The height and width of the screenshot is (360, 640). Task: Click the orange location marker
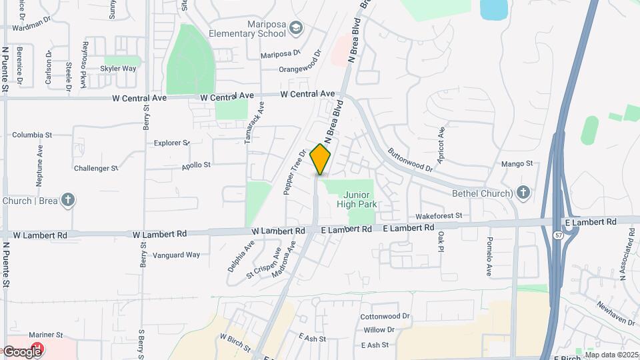point(321,159)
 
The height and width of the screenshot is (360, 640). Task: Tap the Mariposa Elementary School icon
point(296,29)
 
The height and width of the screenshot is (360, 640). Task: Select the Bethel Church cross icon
point(523,193)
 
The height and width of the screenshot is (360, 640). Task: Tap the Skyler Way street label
point(119,68)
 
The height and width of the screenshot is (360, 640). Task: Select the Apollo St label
point(196,164)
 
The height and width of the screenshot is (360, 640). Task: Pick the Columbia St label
point(32,135)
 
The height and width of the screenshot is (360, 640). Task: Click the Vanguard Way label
point(176,255)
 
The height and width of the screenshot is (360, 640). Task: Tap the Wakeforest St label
point(439,216)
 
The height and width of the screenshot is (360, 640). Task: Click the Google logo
point(21,351)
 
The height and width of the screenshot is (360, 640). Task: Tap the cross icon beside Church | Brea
point(67,200)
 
